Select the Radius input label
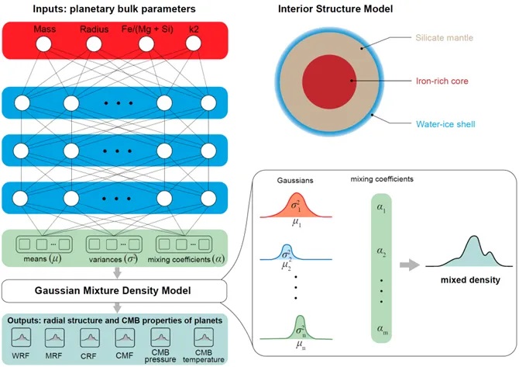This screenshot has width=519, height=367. pyautogui.click(x=95, y=30)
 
